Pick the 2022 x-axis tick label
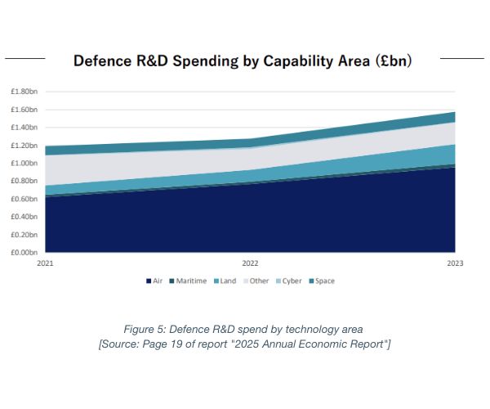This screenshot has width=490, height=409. pos(250,263)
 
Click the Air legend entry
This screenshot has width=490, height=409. pos(154,281)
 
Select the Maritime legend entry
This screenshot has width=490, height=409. pos(189,281)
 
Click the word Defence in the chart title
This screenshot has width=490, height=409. pos(102,61)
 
